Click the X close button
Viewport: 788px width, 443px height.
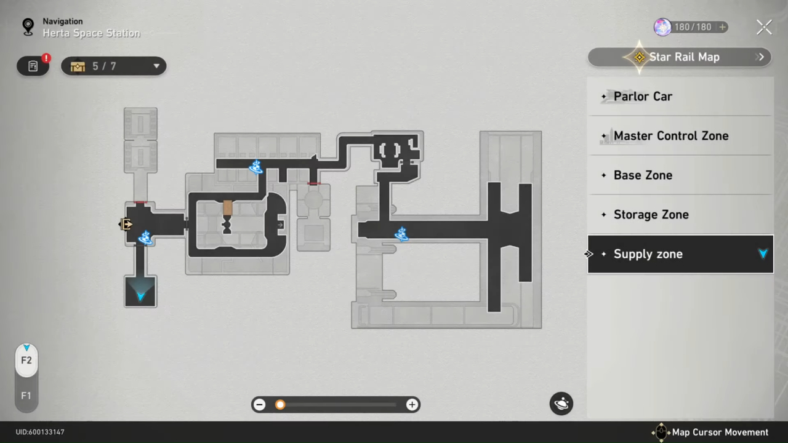(764, 27)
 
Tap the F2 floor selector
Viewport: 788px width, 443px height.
(26, 360)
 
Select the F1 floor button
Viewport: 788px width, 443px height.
(26, 396)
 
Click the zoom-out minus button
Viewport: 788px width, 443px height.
(260, 404)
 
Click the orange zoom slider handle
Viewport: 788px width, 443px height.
(280, 404)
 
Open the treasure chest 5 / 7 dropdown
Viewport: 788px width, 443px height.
(113, 66)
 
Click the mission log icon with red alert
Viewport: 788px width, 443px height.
(33, 66)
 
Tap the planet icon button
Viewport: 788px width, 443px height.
(561, 404)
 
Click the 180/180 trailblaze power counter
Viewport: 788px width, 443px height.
(691, 27)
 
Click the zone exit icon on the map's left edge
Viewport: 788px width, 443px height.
(126, 225)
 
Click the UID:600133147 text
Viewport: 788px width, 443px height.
(40, 432)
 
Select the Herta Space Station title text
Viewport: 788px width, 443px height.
(91, 33)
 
